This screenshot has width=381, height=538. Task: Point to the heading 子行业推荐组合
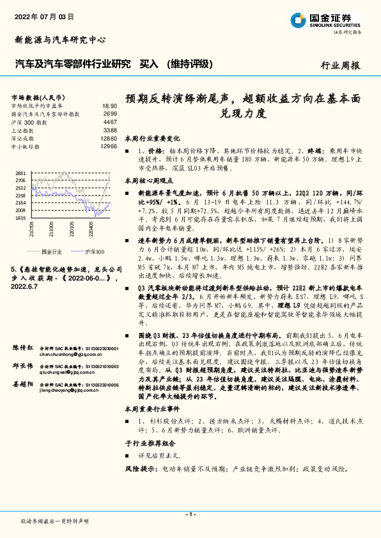(150, 443)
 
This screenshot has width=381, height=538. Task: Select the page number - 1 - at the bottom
(190, 514)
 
